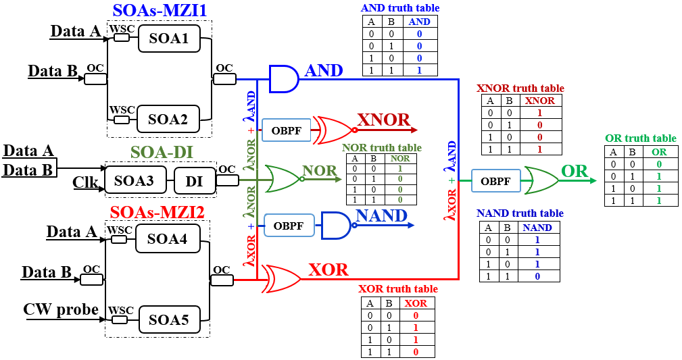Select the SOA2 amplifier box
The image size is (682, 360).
click(168, 119)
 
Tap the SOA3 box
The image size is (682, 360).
click(135, 180)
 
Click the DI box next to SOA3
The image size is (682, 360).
click(194, 180)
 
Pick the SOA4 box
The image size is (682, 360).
click(168, 238)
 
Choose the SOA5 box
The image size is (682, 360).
click(168, 318)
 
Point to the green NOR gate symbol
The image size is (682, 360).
click(283, 179)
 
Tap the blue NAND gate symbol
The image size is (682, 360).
click(335, 225)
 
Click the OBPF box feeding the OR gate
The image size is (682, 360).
click(496, 180)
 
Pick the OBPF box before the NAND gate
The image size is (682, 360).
click(289, 225)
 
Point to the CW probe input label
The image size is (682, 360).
click(61, 309)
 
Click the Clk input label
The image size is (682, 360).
click(86, 182)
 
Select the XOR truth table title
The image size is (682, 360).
click(397, 288)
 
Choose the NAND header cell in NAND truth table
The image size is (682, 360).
click(537, 228)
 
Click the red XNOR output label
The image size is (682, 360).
click(383, 120)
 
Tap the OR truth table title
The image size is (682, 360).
click(640, 138)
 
